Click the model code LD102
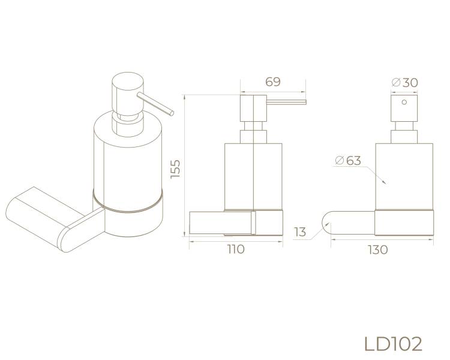(x=393, y=344)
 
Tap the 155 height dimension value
(x=175, y=169)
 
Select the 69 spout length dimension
(x=272, y=82)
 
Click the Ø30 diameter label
(x=404, y=83)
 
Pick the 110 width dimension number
(x=236, y=249)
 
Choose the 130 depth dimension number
(x=378, y=250)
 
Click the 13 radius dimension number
(x=300, y=232)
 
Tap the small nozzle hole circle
(x=404, y=102)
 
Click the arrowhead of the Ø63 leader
(x=385, y=181)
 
